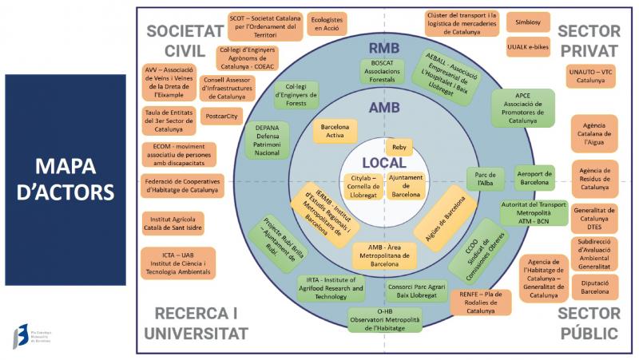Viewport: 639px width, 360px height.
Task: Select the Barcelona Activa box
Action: click(x=335, y=131)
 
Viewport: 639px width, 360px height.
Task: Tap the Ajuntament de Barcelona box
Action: click(x=405, y=185)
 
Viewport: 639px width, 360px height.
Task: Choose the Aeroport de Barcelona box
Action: click(x=534, y=177)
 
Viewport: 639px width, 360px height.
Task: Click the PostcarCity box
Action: click(x=221, y=116)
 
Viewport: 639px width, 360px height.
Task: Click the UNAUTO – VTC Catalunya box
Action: click(x=591, y=76)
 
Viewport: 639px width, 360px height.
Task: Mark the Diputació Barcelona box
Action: click(x=594, y=287)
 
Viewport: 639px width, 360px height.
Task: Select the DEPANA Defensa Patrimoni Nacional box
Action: click(x=267, y=139)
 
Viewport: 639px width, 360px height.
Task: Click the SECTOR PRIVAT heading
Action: click(x=589, y=41)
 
